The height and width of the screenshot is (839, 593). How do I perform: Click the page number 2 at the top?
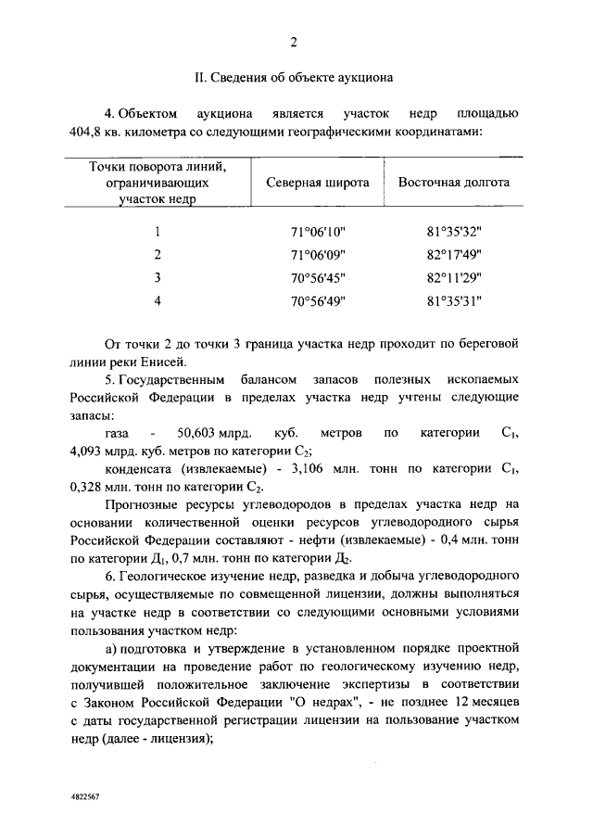294,44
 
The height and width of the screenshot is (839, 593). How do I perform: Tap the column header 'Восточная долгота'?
453,183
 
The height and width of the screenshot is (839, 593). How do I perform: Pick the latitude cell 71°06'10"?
318,232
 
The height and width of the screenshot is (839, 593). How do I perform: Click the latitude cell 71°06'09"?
318,255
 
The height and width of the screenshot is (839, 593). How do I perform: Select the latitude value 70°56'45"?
318,278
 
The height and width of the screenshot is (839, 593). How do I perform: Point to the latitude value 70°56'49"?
318,301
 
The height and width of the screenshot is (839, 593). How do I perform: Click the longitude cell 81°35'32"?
453,232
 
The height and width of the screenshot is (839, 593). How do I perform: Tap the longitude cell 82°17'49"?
453,255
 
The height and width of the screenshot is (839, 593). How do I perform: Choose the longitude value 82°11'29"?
453,278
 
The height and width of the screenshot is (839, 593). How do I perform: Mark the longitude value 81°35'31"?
453,301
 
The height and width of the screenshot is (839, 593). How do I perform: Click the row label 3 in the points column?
158,278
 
